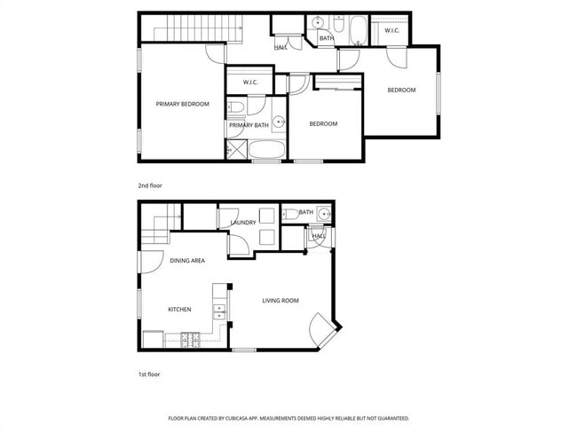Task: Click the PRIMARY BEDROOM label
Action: (x=182, y=104)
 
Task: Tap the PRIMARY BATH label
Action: (x=249, y=125)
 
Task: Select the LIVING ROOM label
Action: (x=280, y=301)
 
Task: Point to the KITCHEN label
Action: (x=180, y=309)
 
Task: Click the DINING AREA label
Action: (x=187, y=260)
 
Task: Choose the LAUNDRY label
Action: (x=243, y=223)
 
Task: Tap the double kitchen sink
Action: (x=219, y=312)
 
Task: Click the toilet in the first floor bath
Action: (x=289, y=213)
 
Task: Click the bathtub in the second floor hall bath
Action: (x=356, y=31)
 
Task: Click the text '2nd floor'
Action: (x=149, y=185)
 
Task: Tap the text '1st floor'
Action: (x=148, y=374)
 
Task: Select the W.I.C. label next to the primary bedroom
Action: (x=249, y=83)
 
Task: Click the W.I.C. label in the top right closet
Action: (x=391, y=31)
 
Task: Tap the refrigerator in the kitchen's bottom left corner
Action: (x=153, y=339)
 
